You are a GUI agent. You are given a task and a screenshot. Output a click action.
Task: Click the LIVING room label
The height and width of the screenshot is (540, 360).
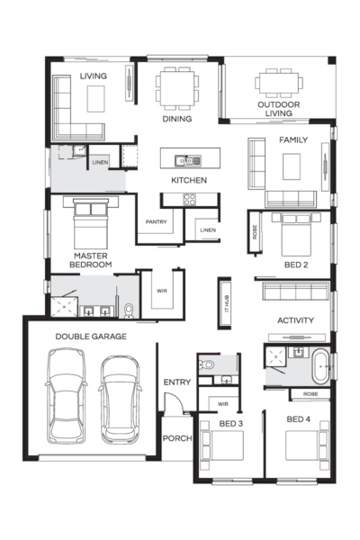[94, 76]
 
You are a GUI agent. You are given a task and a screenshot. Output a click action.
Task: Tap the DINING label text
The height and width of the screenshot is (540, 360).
[177, 119]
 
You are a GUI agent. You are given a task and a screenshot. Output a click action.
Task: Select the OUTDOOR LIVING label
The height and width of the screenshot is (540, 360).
[279, 109]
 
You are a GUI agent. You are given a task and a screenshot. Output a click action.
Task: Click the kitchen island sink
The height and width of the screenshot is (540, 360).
[187, 160]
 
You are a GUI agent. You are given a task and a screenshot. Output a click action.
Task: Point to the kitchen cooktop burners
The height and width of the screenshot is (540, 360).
[190, 199]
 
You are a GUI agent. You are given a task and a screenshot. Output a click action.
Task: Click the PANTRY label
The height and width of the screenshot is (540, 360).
[156, 221]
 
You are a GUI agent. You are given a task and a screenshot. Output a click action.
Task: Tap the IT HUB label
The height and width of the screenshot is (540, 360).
[227, 304]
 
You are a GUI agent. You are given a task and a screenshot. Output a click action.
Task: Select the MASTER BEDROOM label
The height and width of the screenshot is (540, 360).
[91, 260]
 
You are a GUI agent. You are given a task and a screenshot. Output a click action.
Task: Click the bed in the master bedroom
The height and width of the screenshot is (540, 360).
[91, 223]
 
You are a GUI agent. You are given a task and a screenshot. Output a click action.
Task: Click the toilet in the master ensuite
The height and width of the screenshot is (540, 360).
[129, 310]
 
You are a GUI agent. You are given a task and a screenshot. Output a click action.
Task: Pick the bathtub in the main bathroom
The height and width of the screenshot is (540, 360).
[320, 366]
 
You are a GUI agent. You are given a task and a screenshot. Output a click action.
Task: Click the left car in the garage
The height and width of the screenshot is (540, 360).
[66, 396]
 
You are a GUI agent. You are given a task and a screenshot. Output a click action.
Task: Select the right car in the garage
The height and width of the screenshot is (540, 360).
[121, 400]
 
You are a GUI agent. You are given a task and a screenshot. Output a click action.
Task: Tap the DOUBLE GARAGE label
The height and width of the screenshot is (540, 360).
[91, 337]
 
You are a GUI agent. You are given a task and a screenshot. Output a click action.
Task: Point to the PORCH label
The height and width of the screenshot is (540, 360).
[177, 438]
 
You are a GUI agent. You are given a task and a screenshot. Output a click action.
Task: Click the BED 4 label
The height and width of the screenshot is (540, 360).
[298, 419]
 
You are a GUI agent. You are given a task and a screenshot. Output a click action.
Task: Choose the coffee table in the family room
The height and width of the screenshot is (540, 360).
[292, 166]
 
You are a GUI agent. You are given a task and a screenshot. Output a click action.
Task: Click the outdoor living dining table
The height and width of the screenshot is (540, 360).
[279, 83]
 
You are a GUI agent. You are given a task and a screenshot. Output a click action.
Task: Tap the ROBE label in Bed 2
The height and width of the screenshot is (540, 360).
[255, 232]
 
